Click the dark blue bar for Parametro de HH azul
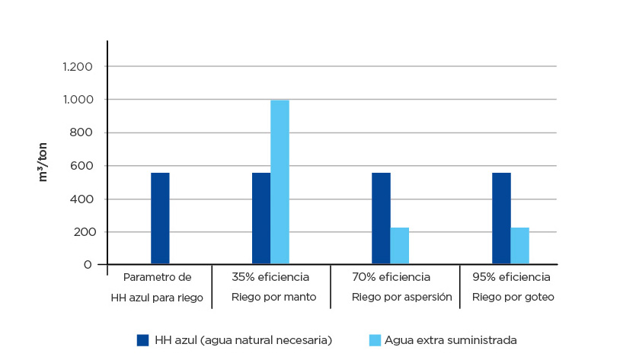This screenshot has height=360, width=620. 160,218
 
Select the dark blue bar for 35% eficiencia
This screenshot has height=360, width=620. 261,218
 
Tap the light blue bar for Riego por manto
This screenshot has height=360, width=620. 280,183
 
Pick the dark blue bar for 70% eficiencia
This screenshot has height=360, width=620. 381,218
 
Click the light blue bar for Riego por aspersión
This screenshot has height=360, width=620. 400,246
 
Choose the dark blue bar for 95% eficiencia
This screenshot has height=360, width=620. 501,218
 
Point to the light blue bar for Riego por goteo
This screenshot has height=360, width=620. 519,246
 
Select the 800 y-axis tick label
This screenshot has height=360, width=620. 81,133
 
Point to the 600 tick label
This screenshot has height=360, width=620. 81,166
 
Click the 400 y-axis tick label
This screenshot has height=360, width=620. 81,199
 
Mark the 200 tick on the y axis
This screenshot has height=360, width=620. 81,232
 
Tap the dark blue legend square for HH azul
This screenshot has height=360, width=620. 142,339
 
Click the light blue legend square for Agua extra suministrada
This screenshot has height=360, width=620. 374,339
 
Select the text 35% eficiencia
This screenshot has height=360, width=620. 270,276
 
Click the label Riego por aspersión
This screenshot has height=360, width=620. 401,297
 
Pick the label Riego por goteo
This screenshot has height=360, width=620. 513,297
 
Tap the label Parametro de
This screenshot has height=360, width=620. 157,276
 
